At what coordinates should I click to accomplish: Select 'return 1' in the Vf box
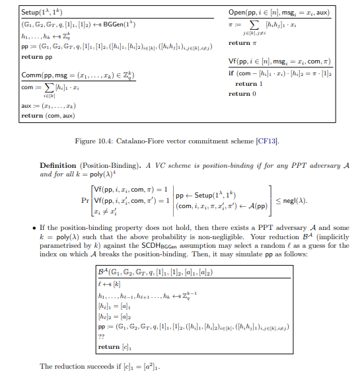point(246,84)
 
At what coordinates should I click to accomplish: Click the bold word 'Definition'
point(57,165)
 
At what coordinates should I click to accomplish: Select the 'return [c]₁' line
point(112,346)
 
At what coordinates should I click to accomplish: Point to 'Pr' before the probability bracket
point(84,200)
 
